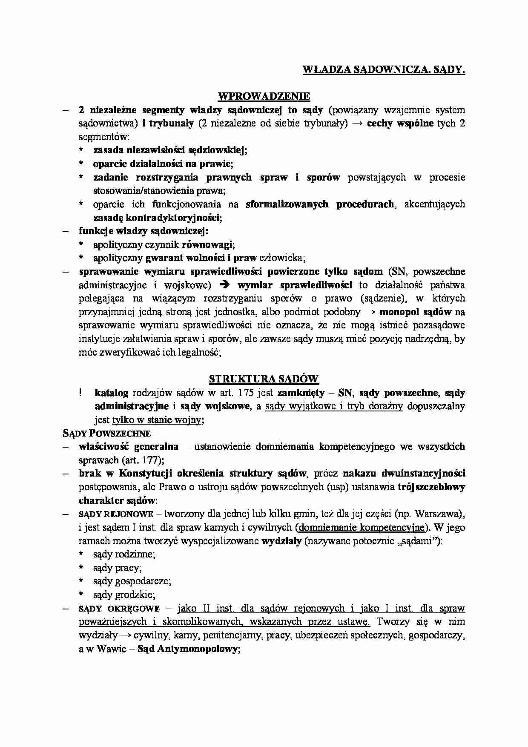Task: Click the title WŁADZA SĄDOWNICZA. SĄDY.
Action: (383, 70)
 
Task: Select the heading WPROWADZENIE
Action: (264, 97)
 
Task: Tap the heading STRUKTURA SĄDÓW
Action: (264, 379)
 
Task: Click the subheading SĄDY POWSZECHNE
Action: (106, 434)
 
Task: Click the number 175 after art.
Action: (247, 392)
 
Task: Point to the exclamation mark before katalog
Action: (80, 392)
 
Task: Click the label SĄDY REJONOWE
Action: (116, 514)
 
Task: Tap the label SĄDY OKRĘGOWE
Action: (119, 608)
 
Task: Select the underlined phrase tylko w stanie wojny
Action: (157, 419)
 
